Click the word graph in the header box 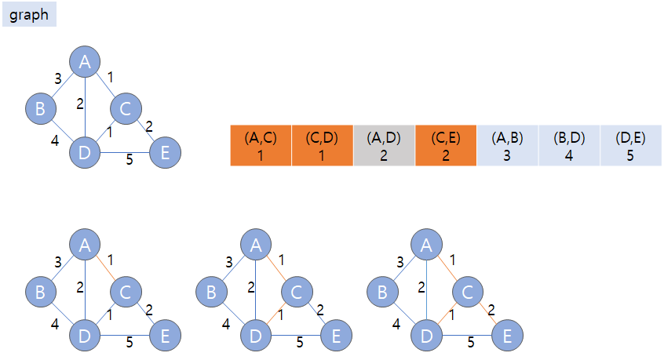[29, 15]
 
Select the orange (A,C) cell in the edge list [261, 145]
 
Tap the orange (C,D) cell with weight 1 [322, 145]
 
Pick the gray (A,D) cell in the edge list [384, 145]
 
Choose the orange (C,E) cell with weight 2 [445, 145]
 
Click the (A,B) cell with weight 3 [507, 145]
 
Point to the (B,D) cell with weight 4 [569, 145]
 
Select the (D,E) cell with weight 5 [630, 145]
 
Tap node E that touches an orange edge [507, 336]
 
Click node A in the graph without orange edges [85, 61]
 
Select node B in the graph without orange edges [40, 108]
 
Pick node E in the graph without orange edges [165, 152]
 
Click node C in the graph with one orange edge [126, 293]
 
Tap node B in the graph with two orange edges [211, 293]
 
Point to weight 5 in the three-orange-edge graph [471, 342]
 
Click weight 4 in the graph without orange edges [56, 140]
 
